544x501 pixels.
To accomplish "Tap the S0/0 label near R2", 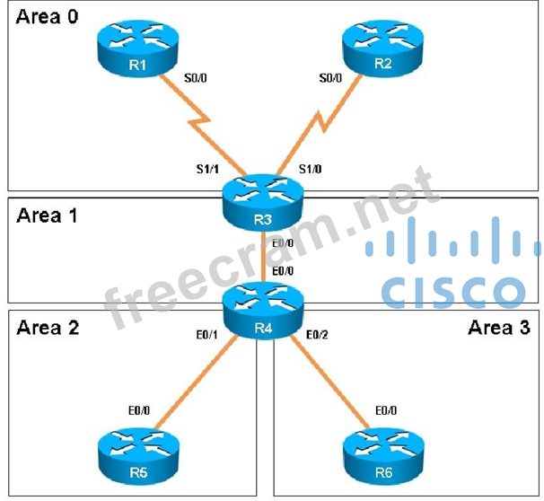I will (x=330, y=79).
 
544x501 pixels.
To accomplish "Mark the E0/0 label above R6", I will (x=383, y=410).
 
